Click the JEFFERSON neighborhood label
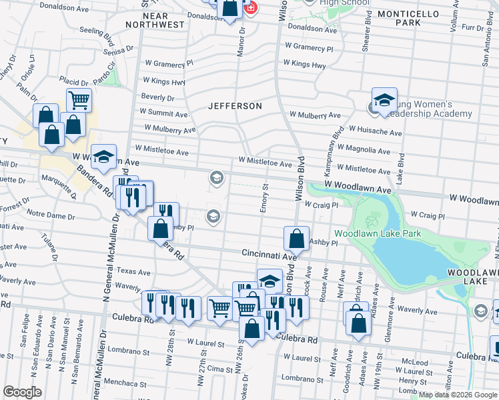[x=234, y=106]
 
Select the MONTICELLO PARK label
[x=408, y=18]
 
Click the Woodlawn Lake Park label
[x=377, y=234]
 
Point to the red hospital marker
[x=250, y=9]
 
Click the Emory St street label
[x=264, y=199]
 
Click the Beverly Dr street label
[x=157, y=97]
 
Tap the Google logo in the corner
[x=23, y=392]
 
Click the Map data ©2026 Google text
[x=458, y=395]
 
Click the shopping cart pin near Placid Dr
[x=79, y=101]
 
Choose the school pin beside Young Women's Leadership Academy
[x=384, y=101]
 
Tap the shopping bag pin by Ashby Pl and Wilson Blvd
[x=296, y=238]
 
